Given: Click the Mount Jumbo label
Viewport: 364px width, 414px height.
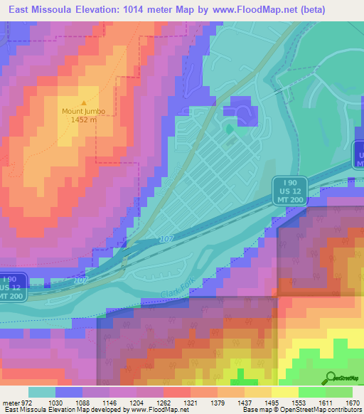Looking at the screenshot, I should pyautogui.click(x=82, y=110).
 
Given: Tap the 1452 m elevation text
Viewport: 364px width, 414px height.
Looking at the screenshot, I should pyautogui.click(x=83, y=120).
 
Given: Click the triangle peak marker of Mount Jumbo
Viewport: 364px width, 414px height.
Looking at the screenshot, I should pyautogui.click(x=83, y=102).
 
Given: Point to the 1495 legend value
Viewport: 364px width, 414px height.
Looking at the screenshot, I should pyautogui.click(x=272, y=403).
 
